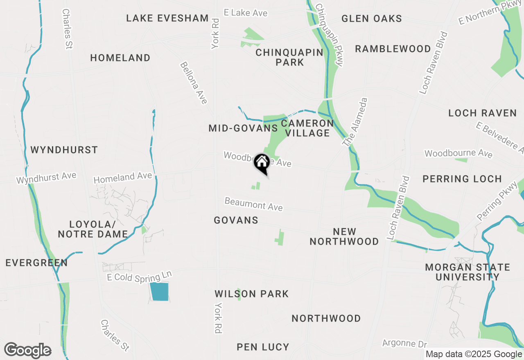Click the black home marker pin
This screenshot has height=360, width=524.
262,163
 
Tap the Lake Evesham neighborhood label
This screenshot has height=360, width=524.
167,18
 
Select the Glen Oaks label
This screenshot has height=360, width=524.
371,18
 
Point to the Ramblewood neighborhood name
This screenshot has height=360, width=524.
393,49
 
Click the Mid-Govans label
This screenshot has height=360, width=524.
243,128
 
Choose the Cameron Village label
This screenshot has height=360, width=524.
307,128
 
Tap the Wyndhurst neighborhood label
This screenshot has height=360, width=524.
64,150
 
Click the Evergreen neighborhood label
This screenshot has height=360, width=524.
37,263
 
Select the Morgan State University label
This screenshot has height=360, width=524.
468,272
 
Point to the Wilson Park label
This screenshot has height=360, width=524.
252,294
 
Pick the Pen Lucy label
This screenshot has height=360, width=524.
263,347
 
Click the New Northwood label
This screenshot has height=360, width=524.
344,236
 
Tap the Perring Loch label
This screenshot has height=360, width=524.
462,179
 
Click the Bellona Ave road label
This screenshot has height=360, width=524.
194,83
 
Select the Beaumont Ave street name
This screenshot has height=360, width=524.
253,204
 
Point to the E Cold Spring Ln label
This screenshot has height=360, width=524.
139,276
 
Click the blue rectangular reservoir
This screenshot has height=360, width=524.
159,292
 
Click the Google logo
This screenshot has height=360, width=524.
27,351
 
